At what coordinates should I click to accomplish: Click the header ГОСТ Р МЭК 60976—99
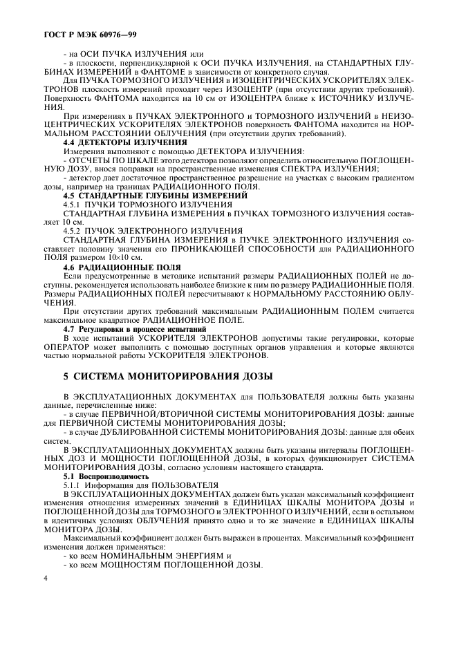tap(79, 32)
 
